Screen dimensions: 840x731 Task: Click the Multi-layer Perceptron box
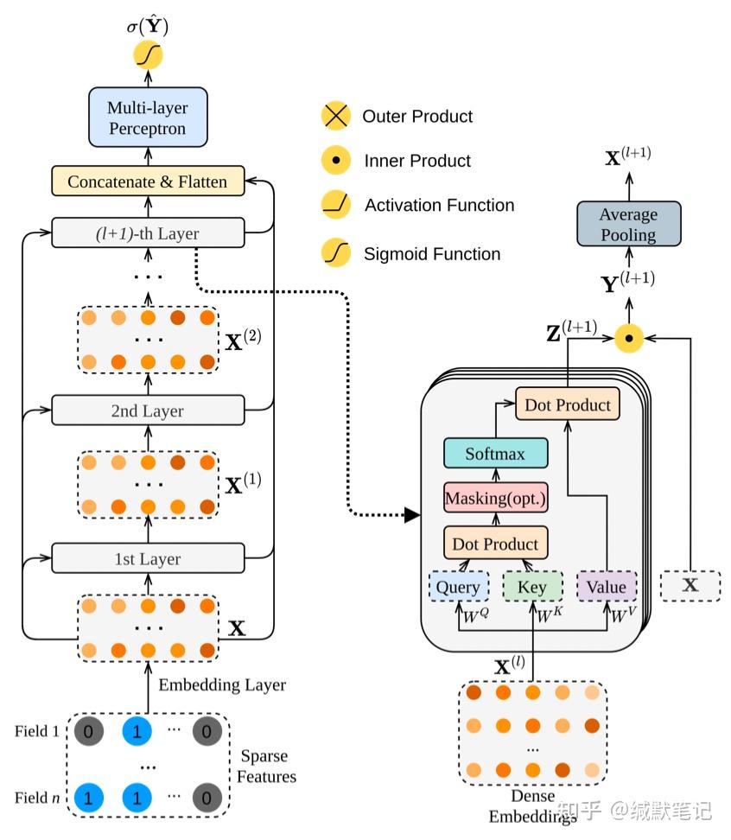coord(148,118)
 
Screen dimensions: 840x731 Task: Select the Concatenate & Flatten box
coord(148,181)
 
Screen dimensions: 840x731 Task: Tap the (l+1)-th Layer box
coord(148,233)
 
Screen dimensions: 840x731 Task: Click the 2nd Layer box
coord(148,410)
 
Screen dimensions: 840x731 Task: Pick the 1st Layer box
coord(148,558)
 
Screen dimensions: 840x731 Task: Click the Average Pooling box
coord(628,224)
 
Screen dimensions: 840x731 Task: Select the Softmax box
coord(495,453)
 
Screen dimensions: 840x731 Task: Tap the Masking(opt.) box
coord(495,498)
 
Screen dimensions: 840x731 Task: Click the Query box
coord(458,587)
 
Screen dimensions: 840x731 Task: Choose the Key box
coord(532,587)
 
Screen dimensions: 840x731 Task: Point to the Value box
coord(606,587)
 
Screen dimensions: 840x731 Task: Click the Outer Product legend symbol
coord(334,116)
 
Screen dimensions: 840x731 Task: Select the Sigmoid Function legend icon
coord(334,253)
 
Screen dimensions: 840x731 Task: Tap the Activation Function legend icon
coord(334,205)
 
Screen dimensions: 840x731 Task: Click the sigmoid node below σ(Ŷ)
coord(148,56)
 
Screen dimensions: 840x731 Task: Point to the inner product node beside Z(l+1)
coord(628,337)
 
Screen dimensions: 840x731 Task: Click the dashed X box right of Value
coord(690,585)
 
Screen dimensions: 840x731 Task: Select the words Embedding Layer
coord(222,684)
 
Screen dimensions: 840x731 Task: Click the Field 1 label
coord(37,731)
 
